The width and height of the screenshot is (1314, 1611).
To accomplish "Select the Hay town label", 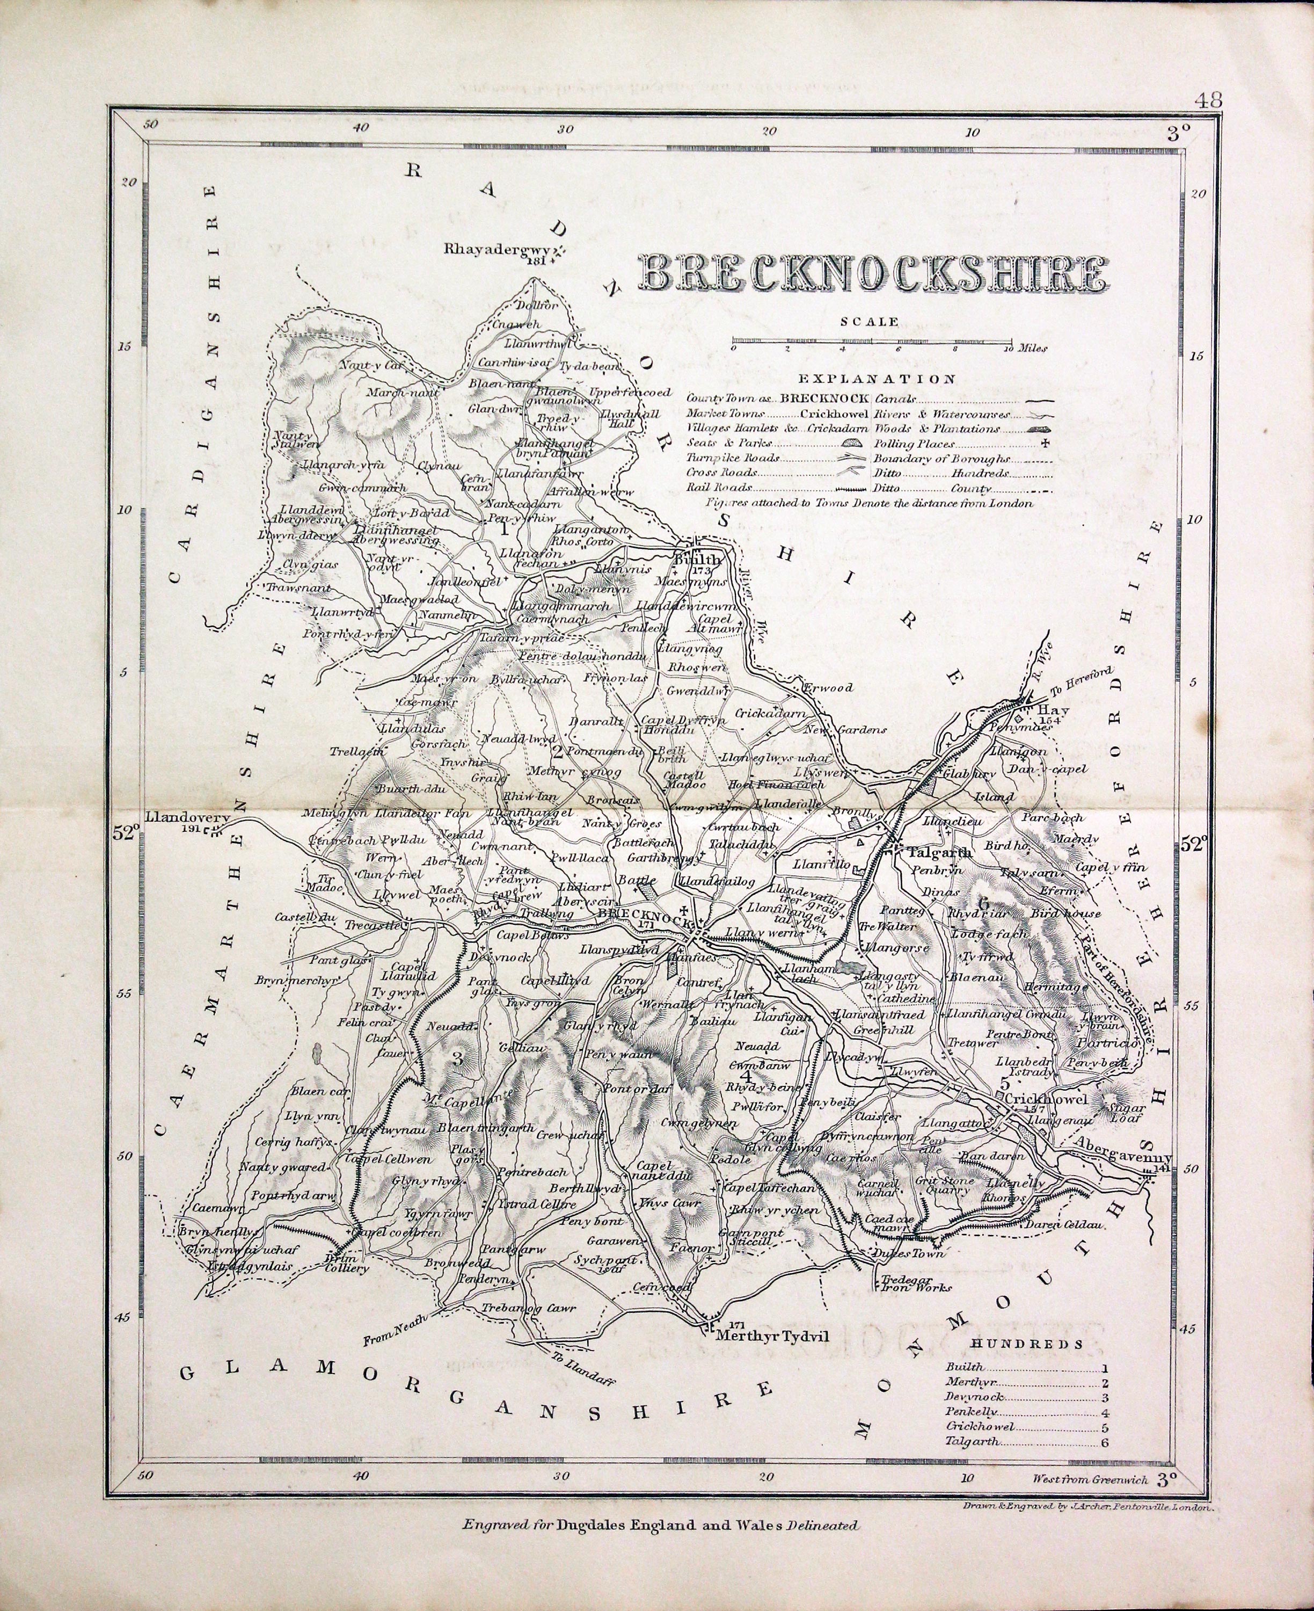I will pos(1050,709).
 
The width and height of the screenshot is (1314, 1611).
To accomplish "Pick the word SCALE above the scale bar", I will pos(870,321).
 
